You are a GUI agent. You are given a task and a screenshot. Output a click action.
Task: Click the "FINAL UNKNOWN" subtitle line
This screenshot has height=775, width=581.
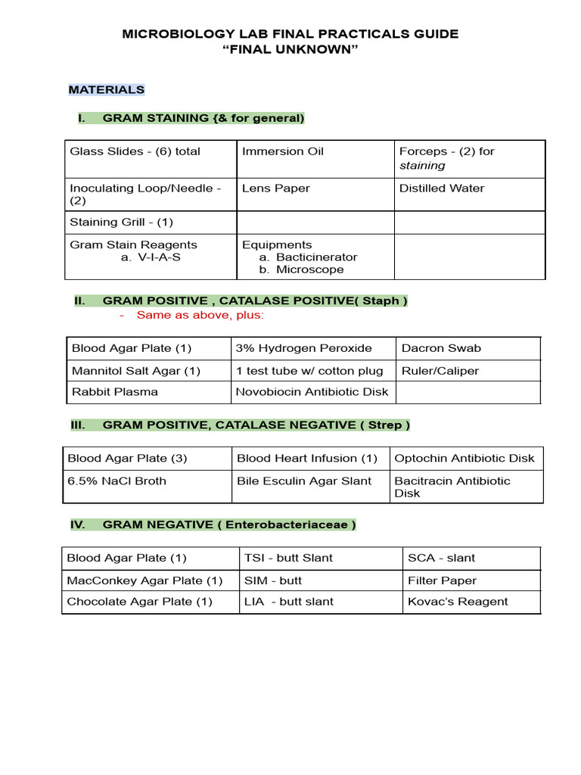pos(290,50)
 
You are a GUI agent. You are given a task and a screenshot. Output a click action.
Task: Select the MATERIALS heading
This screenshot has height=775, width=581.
pos(107,89)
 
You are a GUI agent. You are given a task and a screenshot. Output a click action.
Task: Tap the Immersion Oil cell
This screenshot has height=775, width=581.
pos(283,151)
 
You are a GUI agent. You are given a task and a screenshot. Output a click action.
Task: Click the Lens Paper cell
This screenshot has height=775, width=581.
pos(276,188)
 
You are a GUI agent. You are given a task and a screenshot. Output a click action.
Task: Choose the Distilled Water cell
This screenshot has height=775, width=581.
pos(442,188)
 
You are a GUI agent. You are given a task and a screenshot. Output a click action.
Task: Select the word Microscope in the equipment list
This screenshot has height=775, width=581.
pos(309,269)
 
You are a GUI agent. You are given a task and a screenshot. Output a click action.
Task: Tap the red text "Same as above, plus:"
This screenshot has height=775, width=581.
pos(200,315)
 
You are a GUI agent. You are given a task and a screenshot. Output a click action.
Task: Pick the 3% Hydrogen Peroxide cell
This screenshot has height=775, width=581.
pos(304,349)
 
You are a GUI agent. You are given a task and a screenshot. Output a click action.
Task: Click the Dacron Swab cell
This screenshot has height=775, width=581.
pos(441,349)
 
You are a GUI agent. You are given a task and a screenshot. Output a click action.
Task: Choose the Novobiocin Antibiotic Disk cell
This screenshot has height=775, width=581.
pos(312,392)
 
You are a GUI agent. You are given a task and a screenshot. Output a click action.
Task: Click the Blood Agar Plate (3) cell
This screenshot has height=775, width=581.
pos(127,459)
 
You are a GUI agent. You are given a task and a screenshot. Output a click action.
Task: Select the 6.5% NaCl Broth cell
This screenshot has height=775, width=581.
pos(117,481)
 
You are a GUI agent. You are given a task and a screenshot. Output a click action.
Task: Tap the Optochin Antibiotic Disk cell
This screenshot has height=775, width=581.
pos(464,459)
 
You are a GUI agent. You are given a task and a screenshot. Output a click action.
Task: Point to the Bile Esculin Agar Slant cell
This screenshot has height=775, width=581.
pos(304,481)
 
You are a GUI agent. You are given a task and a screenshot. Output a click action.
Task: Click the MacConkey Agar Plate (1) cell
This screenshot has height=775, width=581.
pos(144,580)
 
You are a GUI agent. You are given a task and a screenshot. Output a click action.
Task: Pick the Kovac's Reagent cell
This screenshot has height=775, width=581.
pos(458,602)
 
